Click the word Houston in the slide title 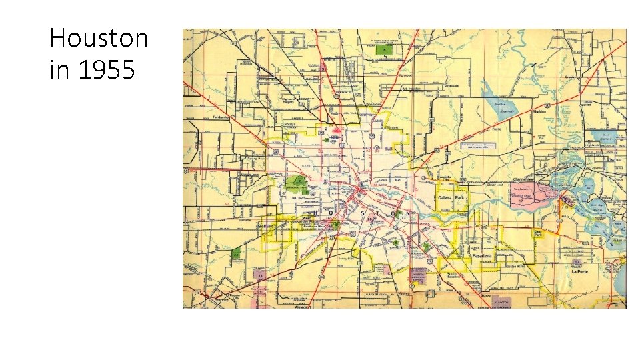(x=99, y=39)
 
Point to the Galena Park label (x=453, y=198)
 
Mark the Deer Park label (x=538, y=233)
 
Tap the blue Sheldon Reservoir (x=505, y=107)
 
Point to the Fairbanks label (x=221, y=117)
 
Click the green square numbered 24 (x=236, y=254)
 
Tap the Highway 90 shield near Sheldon (x=546, y=106)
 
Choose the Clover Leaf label (x=495, y=185)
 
